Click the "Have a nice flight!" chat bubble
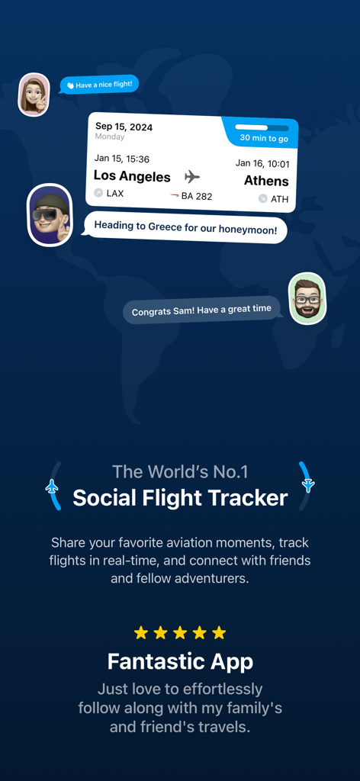(x=99, y=85)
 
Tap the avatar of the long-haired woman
(x=34, y=95)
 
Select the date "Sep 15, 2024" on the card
(x=124, y=127)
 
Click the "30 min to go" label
(x=263, y=138)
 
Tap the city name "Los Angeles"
(x=132, y=176)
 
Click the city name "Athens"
(x=266, y=181)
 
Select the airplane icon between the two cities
(x=192, y=177)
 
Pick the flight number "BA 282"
(x=195, y=196)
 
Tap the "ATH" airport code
(x=279, y=199)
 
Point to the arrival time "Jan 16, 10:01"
(x=262, y=163)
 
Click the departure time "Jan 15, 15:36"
(x=122, y=159)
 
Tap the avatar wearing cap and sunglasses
(x=50, y=215)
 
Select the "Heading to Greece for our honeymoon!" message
(x=185, y=227)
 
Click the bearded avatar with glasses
(x=307, y=298)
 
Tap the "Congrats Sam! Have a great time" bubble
(x=201, y=310)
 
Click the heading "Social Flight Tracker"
(x=180, y=499)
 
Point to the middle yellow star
(x=180, y=632)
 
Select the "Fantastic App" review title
(x=180, y=660)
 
